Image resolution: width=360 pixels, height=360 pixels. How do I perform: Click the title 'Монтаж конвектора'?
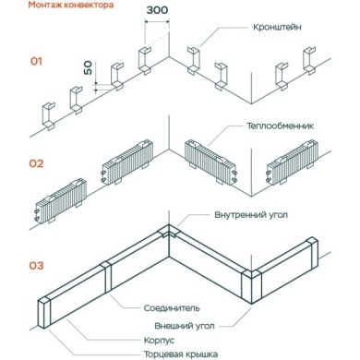71,5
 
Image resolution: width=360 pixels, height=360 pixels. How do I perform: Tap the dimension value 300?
157,10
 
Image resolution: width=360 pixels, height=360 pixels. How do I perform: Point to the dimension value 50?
88,67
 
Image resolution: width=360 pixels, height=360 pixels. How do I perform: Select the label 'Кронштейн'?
277,27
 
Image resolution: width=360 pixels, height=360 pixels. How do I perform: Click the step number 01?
36,61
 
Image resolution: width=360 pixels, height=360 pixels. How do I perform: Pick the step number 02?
36,163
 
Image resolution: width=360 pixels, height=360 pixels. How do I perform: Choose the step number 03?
36,265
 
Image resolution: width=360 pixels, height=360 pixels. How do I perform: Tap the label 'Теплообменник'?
280,126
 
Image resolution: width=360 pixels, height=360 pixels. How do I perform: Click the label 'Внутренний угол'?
251,214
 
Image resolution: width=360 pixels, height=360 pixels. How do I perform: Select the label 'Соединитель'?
172,307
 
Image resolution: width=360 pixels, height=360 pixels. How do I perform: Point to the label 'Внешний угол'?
185,326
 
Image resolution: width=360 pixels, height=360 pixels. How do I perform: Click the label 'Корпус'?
159,341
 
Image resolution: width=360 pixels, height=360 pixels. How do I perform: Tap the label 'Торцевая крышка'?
181,354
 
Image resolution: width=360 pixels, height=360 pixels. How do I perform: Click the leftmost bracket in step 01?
48,116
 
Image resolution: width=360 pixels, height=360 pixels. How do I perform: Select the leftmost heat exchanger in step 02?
61,199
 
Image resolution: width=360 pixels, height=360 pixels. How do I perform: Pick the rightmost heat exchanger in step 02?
292,162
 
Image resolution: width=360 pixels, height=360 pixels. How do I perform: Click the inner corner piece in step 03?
168,232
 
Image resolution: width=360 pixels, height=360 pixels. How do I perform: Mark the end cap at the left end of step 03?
44,313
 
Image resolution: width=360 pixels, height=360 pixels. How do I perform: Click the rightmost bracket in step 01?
309,61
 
